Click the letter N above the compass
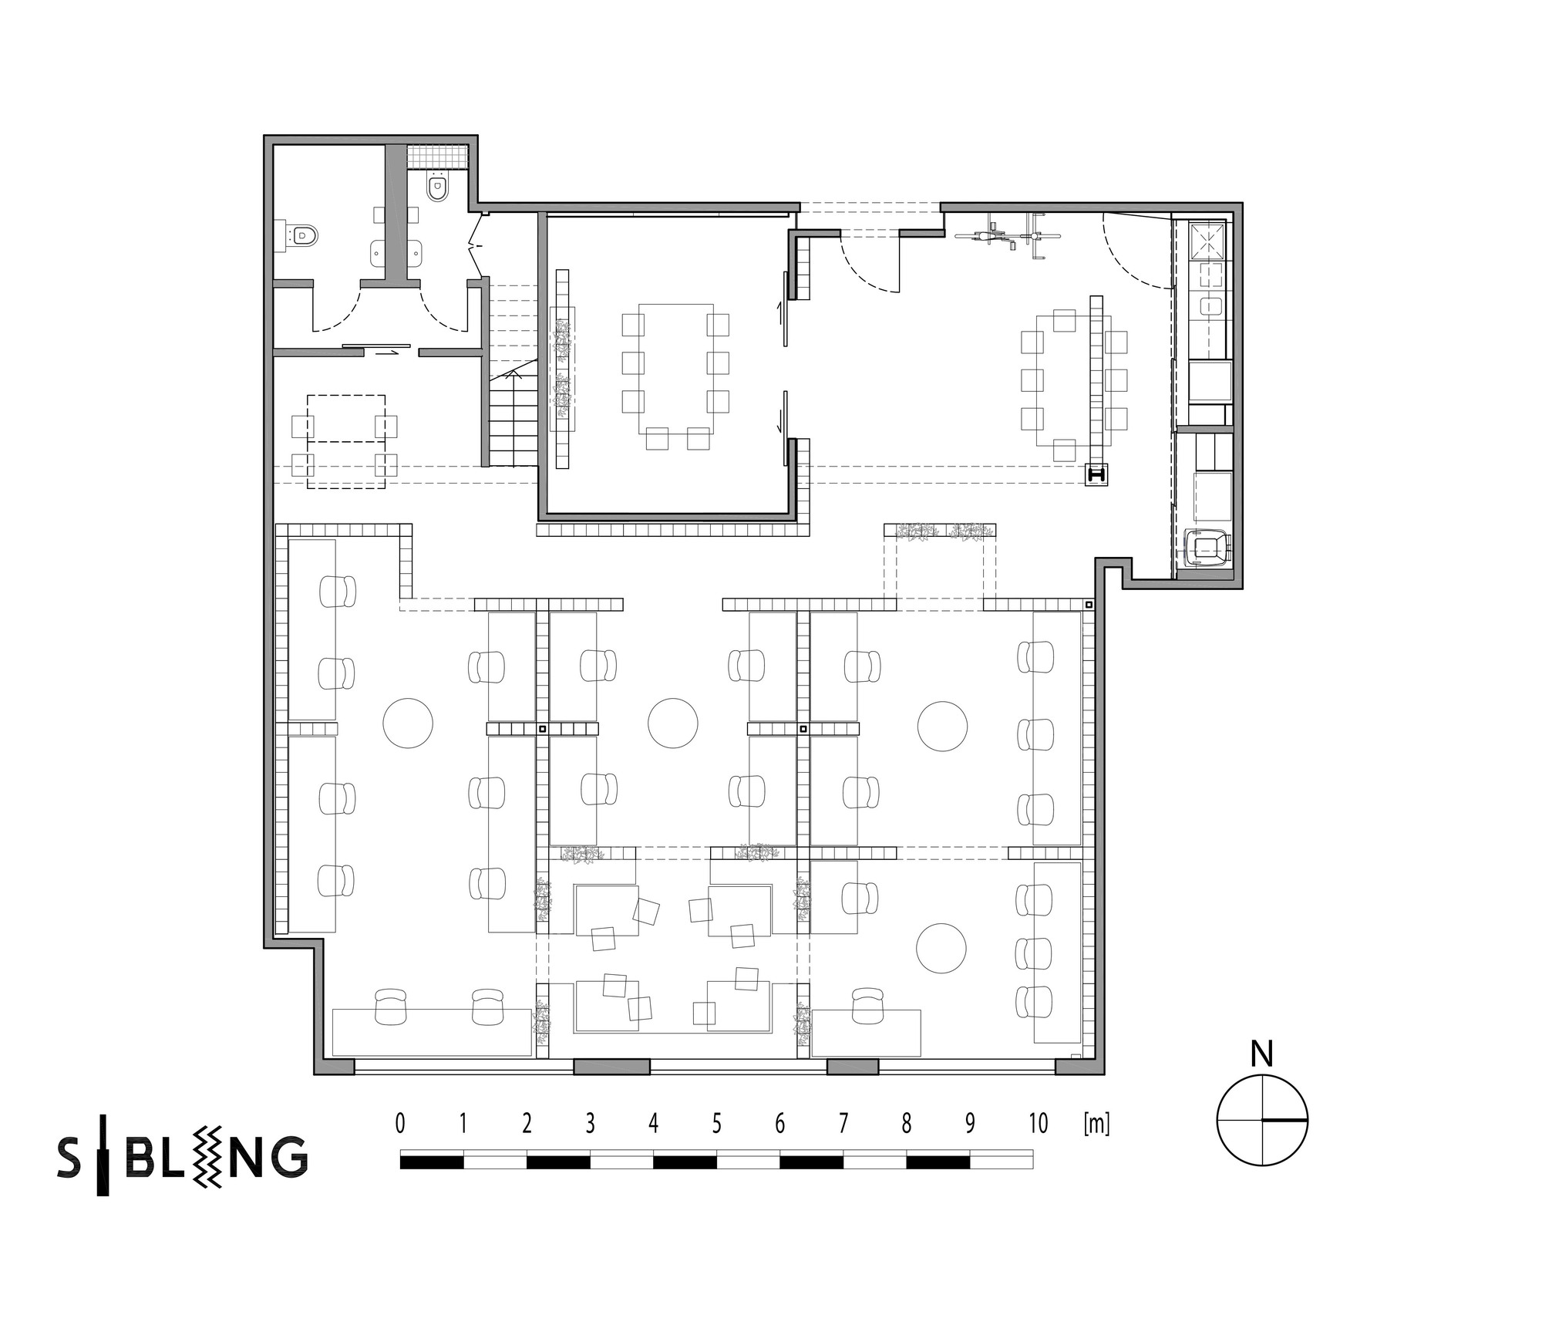pyautogui.click(x=1261, y=1054)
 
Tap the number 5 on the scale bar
pyautogui.click(x=717, y=1124)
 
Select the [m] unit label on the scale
pyautogui.click(x=1096, y=1125)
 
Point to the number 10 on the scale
pyautogui.click(x=1039, y=1124)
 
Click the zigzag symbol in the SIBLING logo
pyautogui.click(x=210, y=1155)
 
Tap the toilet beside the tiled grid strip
pyautogui.click(x=437, y=187)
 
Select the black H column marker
pyautogui.click(x=1096, y=474)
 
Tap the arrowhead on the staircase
pyautogui.click(x=512, y=374)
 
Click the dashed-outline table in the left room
pyautogui.click(x=346, y=442)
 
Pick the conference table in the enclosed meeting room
pyautogui.click(x=676, y=369)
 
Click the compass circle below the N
pyautogui.click(x=1262, y=1119)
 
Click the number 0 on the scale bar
pyautogui.click(x=399, y=1124)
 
